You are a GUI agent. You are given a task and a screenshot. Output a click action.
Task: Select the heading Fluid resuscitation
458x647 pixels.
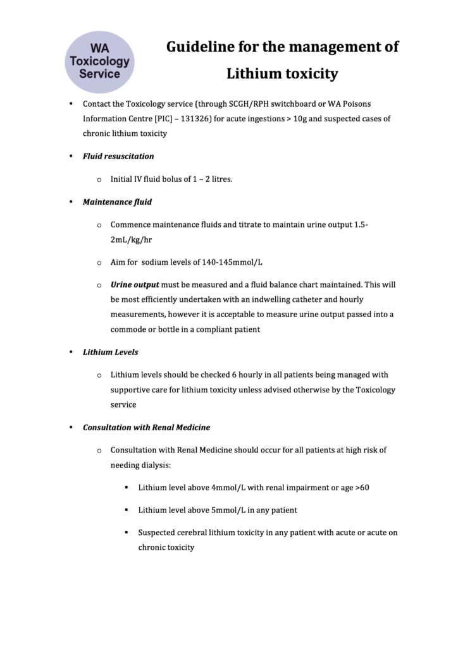click(118, 156)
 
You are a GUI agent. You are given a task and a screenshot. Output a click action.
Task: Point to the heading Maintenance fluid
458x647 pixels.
click(117, 202)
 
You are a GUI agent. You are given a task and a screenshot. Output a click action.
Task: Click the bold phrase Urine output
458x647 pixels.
click(135, 284)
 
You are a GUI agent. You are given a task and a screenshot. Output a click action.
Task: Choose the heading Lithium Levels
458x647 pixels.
click(111, 352)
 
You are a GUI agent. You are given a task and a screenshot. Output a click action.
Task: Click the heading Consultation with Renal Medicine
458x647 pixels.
click(146, 427)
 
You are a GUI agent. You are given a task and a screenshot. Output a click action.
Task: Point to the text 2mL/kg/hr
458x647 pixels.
click(131, 240)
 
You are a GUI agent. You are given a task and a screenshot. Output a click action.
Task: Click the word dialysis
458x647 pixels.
click(152, 464)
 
